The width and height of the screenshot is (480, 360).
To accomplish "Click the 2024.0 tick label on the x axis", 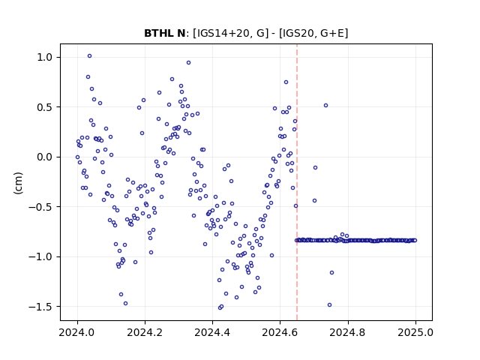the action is pyautogui.click(x=77, y=332).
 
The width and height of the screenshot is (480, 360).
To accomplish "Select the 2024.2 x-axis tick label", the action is pyautogui.click(x=145, y=332).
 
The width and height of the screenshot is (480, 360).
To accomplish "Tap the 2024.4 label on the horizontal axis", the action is pyautogui.click(x=212, y=332).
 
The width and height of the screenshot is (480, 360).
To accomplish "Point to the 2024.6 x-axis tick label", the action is pyautogui.click(x=280, y=332).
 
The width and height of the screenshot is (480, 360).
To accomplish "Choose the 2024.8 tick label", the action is pyautogui.click(x=347, y=332).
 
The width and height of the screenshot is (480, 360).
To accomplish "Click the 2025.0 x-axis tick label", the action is pyautogui.click(x=415, y=332).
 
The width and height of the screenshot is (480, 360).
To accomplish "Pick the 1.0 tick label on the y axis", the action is pyautogui.click(x=46, y=57).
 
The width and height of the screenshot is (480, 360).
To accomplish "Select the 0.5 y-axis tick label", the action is pyautogui.click(x=46, y=107).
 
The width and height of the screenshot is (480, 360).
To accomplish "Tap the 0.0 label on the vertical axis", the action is pyautogui.click(x=46, y=157).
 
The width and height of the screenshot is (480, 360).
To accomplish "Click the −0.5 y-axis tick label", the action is pyautogui.click(x=42, y=207).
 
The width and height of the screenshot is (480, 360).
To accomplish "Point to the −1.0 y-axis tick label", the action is pyautogui.click(x=42, y=256).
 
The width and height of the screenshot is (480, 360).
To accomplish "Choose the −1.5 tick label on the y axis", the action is pyautogui.click(x=42, y=307).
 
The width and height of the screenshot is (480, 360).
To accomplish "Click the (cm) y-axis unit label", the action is pyautogui.click(x=18, y=183).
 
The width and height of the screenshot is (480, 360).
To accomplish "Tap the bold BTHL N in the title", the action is pyautogui.click(x=165, y=33).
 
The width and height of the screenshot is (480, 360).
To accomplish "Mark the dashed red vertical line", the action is pyautogui.click(x=297, y=182).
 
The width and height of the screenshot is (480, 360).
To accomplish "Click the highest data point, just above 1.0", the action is pyautogui.click(x=89, y=56).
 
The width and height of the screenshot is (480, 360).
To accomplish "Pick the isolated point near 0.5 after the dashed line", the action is pyautogui.click(x=325, y=105).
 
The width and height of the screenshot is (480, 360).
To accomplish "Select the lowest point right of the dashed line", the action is pyautogui.click(x=329, y=305).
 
